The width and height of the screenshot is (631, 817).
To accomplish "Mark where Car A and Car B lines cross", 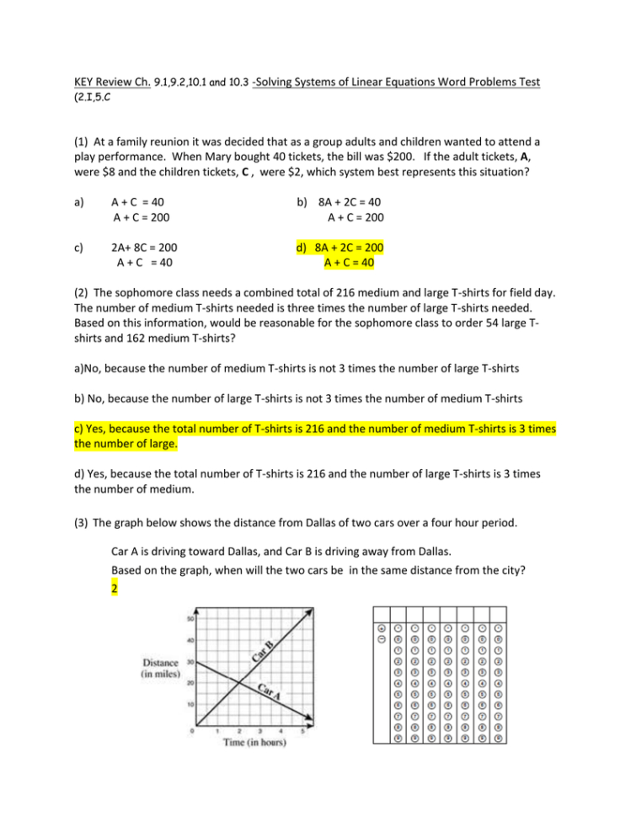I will click(x=238, y=682).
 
